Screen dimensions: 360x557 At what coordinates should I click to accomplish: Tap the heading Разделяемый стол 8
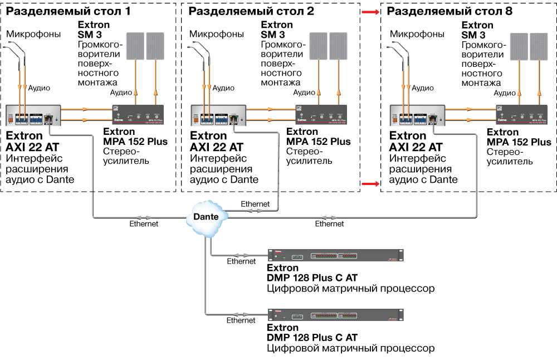(x=450, y=11)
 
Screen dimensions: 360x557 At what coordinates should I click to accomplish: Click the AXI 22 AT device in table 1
(x=33, y=115)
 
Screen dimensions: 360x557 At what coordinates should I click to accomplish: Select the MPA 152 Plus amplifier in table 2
(x=320, y=115)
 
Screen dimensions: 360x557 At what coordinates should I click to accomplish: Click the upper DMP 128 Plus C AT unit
(x=335, y=256)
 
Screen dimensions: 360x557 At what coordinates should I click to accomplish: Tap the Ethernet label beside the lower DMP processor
(x=241, y=320)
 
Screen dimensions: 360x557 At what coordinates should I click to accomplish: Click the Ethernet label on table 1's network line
(x=144, y=224)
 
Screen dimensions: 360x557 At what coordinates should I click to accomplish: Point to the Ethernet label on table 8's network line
(x=329, y=224)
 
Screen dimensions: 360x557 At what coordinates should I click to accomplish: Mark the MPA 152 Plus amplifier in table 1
(x=138, y=115)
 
